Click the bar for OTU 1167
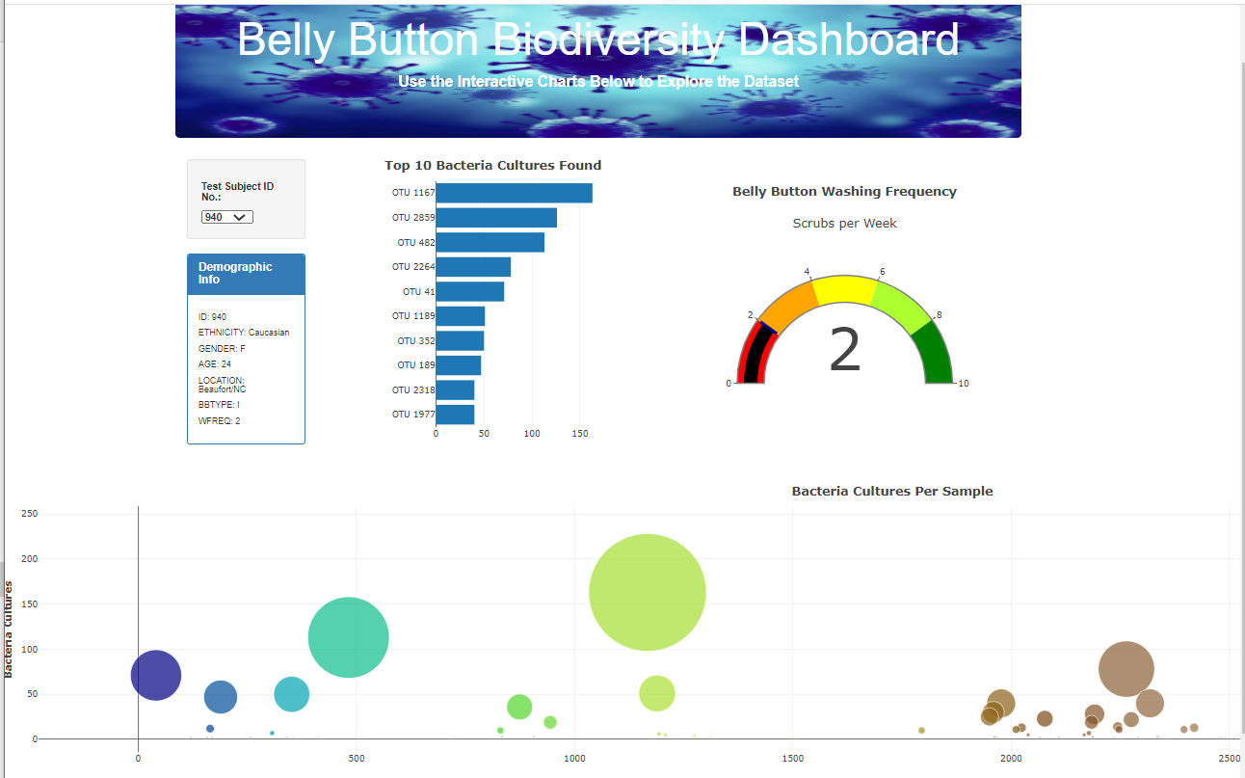tap(514, 193)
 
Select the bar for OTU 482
tap(490, 242)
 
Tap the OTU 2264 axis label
tap(413, 267)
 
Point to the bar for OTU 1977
tap(455, 415)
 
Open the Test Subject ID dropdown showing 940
tap(227, 217)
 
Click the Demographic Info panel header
tap(246, 274)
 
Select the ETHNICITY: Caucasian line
tap(244, 333)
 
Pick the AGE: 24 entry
tap(215, 364)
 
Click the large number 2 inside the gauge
tap(844, 352)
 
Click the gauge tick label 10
tap(964, 384)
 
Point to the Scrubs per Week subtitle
tap(844, 224)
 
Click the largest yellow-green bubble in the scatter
tap(648, 592)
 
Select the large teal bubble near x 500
tap(348, 637)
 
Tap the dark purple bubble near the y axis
tap(156, 675)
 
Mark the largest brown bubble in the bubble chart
tap(1126, 668)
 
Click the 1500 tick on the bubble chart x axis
tap(792, 759)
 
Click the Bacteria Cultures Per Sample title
tap(892, 492)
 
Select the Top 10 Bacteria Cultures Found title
tap(492, 166)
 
